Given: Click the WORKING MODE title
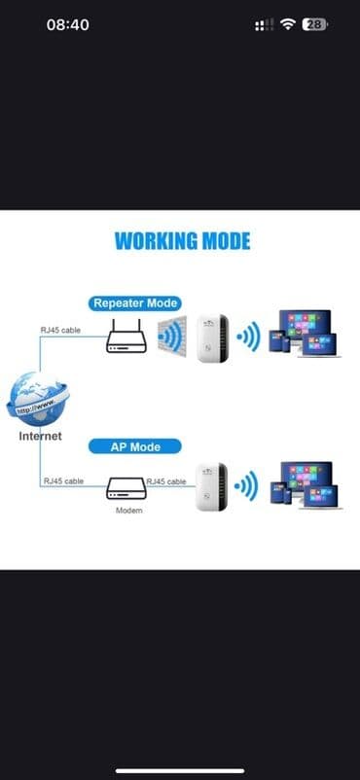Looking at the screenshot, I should pos(182,241).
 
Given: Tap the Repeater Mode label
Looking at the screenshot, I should pos(136,303).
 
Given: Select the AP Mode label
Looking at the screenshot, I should pos(137,446).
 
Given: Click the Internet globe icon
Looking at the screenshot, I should pos(40,399).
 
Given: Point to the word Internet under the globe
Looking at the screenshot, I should pos(40,436).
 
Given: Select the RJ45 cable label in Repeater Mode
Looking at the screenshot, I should pos(61,330).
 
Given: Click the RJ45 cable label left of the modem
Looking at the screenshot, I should pos(61,481).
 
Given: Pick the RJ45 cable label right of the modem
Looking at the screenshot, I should pos(166,481).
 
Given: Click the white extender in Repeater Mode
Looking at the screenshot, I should pos(211,338).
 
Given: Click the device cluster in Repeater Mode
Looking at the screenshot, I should pos(306,334).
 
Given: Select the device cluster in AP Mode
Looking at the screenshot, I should pos(306,484).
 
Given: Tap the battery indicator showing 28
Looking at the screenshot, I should pos(314,24).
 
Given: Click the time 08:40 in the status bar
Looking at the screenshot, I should pos(68,24).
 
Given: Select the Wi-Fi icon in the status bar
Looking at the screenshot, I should pos(288,24).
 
